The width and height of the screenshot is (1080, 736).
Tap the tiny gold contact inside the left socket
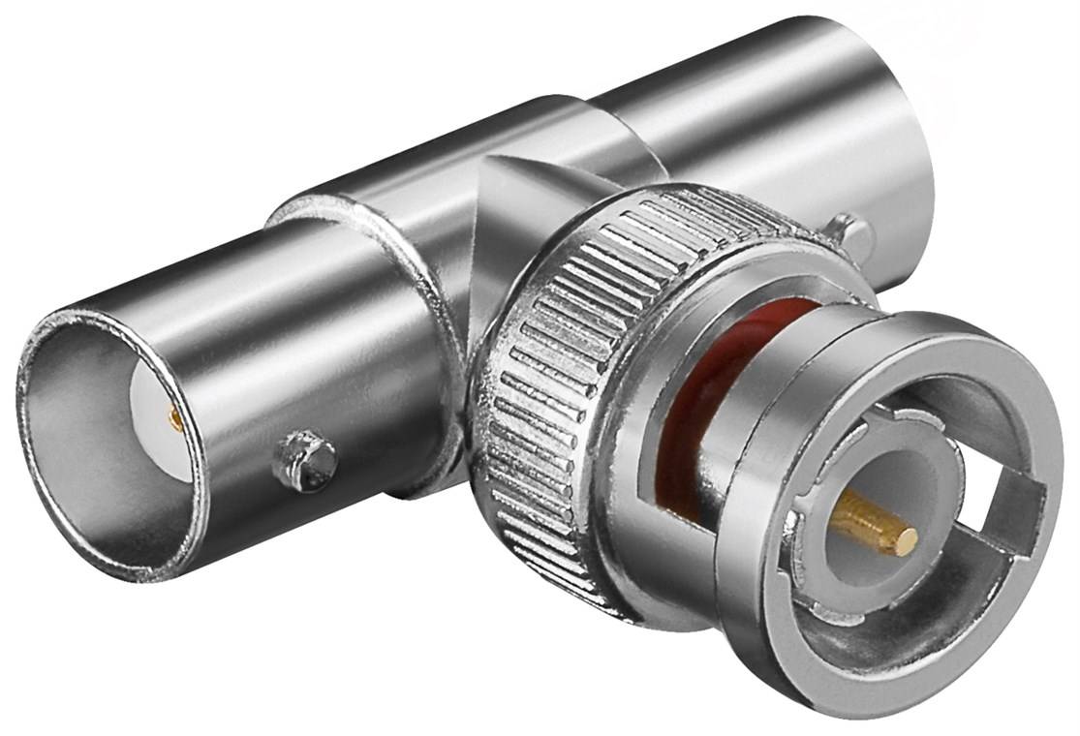[175, 418]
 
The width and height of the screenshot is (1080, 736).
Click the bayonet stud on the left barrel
[304, 461]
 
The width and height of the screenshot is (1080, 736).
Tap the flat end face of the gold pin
[907, 542]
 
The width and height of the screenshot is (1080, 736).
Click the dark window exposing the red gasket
[678, 465]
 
